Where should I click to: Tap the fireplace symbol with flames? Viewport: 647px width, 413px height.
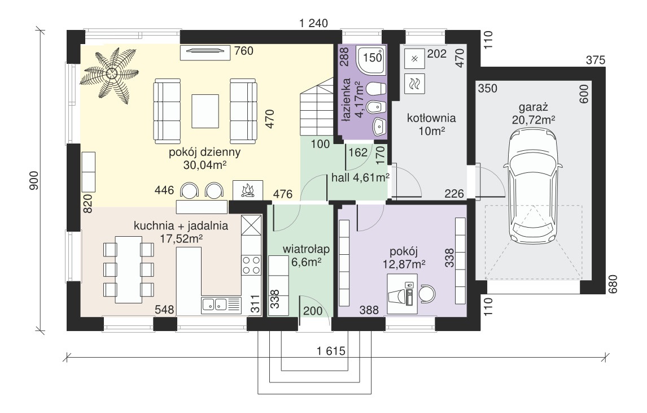pos(248,190)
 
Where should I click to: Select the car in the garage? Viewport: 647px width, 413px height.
pos(532,185)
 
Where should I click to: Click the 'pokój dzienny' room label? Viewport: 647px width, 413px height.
pos(205,152)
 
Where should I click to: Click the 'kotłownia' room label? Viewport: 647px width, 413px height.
pos(431,118)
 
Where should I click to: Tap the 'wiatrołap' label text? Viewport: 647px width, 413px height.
pos(306,249)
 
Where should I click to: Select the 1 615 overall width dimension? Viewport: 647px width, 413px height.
pos(331,351)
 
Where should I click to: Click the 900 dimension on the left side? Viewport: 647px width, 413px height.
pos(34,180)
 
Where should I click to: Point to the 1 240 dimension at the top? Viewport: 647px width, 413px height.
pos(313,23)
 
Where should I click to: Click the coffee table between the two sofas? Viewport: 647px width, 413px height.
pos(205,111)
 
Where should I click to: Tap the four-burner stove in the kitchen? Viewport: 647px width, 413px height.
pos(251,265)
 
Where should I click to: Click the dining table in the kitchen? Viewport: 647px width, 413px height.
pos(129,269)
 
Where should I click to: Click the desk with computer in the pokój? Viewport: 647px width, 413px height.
pos(402,294)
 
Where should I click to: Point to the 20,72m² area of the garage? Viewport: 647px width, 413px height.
pos(533,120)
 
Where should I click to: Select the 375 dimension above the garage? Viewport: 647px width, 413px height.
pos(596,60)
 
